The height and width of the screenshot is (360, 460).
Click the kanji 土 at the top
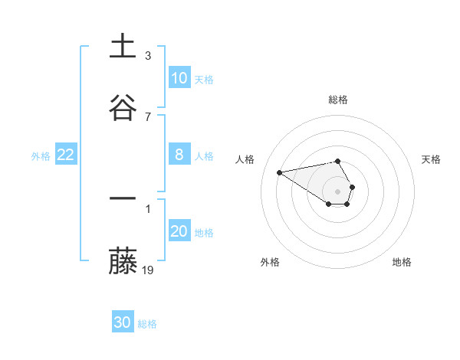pyautogui.click(x=123, y=47)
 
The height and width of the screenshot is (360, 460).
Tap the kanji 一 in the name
pyautogui.click(x=123, y=199)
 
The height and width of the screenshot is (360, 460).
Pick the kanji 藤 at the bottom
pyautogui.click(x=123, y=260)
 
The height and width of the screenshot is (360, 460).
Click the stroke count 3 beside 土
pyautogui.click(x=148, y=56)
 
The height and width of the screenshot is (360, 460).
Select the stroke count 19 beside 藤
pyautogui.click(x=149, y=270)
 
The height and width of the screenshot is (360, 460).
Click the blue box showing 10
pyautogui.click(x=179, y=77)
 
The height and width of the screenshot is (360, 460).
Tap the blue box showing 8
pyautogui.click(x=179, y=155)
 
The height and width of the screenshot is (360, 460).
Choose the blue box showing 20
pyautogui.click(x=179, y=231)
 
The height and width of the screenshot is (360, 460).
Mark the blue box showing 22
pyautogui.click(x=66, y=155)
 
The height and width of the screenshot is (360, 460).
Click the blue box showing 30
pyautogui.click(x=123, y=322)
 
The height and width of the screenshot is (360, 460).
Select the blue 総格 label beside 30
pyautogui.click(x=147, y=324)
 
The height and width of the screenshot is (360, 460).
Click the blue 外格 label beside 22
pyautogui.click(x=41, y=156)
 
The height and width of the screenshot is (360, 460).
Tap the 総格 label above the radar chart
pyautogui.click(x=338, y=100)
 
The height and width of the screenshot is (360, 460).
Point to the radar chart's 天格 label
pyautogui.click(x=431, y=159)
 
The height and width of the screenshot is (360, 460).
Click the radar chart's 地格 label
pyautogui.click(x=402, y=263)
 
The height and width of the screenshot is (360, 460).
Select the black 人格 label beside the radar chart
pyautogui.click(x=245, y=159)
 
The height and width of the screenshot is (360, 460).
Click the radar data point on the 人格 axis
pyautogui.click(x=280, y=172)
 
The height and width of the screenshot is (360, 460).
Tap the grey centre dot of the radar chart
pyautogui.click(x=338, y=191)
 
